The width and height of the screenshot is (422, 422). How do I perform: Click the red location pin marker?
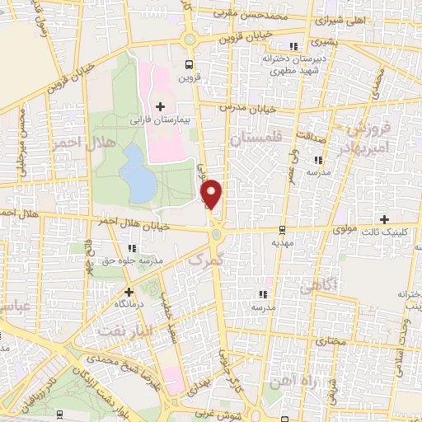tap(213, 193)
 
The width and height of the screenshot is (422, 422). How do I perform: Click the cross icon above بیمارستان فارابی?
tap(160, 106)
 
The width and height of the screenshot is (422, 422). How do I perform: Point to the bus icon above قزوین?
tap(190, 63)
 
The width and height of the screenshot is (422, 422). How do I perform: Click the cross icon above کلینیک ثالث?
tap(384, 218)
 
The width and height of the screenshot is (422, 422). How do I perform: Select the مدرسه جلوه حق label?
tap(132, 261)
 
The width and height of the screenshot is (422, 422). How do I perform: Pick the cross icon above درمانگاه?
tap(129, 291)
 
